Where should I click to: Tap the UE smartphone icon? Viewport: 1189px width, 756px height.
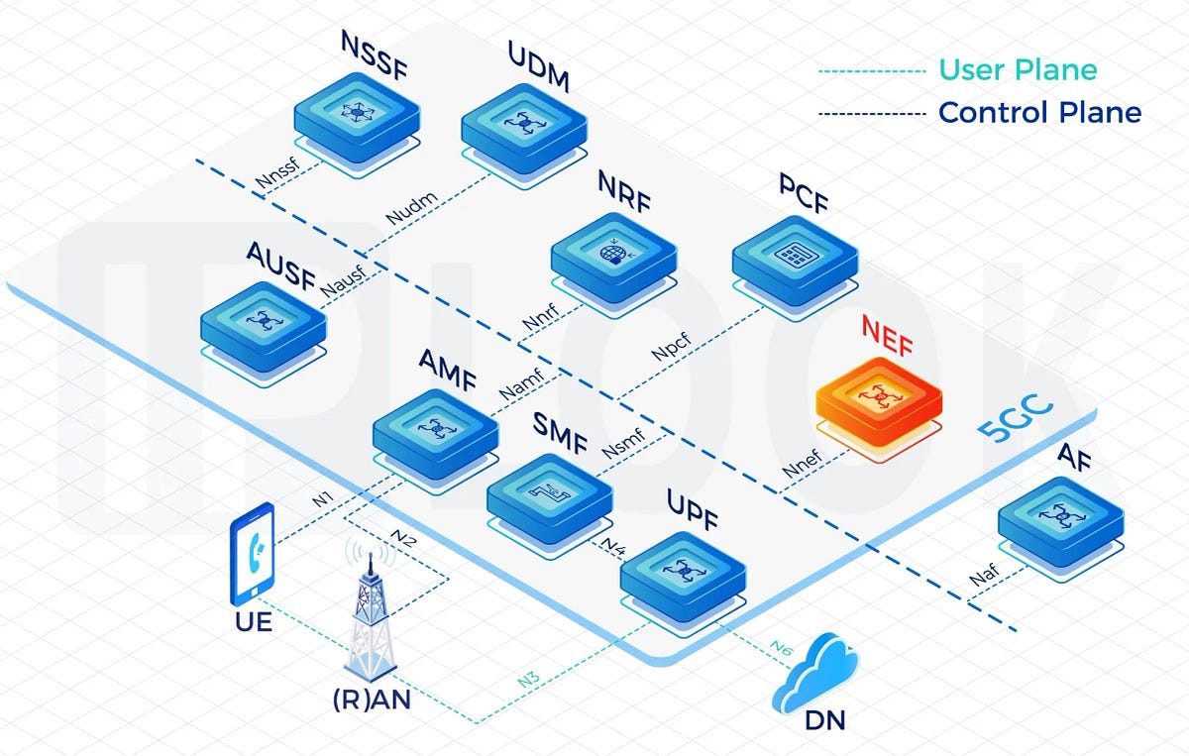252,552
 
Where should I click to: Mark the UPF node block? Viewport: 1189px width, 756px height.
682,572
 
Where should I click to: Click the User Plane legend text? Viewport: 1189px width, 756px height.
1018,70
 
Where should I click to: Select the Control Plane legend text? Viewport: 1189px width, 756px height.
1039,113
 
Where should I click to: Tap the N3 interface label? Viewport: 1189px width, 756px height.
530,681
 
